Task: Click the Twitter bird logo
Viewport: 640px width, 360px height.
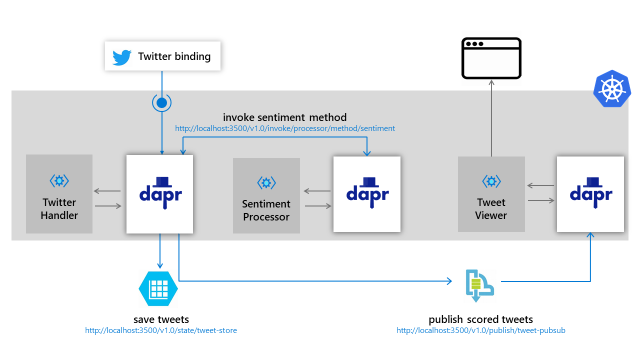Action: pyautogui.click(x=121, y=57)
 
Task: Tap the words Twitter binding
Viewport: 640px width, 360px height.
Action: pyautogui.click(x=174, y=56)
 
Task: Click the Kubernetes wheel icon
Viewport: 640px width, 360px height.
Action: pyautogui.click(x=612, y=88)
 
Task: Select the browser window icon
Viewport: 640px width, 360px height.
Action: pyautogui.click(x=491, y=58)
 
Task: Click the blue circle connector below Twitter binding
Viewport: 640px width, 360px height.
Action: pyautogui.click(x=161, y=103)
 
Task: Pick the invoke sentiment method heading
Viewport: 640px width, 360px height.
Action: pyautogui.click(x=285, y=117)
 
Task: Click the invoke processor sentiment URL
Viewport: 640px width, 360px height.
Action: pyautogui.click(x=285, y=128)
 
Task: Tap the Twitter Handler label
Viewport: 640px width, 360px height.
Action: pyautogui.click(x=59, y=209)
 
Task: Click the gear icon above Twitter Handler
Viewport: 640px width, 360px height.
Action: pyautogui.click(x=59, y=181)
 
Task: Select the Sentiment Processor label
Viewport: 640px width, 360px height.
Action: pyautogui.click(x=266, y=210)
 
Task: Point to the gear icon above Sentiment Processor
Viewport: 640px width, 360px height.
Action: pyautogui.click(x=266, y=183)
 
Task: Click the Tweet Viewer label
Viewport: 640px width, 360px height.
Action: pyautogui.click(x=491, y=209)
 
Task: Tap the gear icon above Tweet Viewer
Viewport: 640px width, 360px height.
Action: pyautogui.click(x=491, y=181)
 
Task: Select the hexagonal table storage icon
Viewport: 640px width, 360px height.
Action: pyautogui.click(x=158, y=288)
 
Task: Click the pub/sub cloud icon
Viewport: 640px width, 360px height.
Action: pyautogui.click(x=479, y=285)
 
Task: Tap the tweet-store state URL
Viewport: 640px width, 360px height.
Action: pyautogui.click(x=161, y=330)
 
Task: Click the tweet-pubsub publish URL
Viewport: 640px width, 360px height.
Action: pyautogui.click(x=481, y=330)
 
